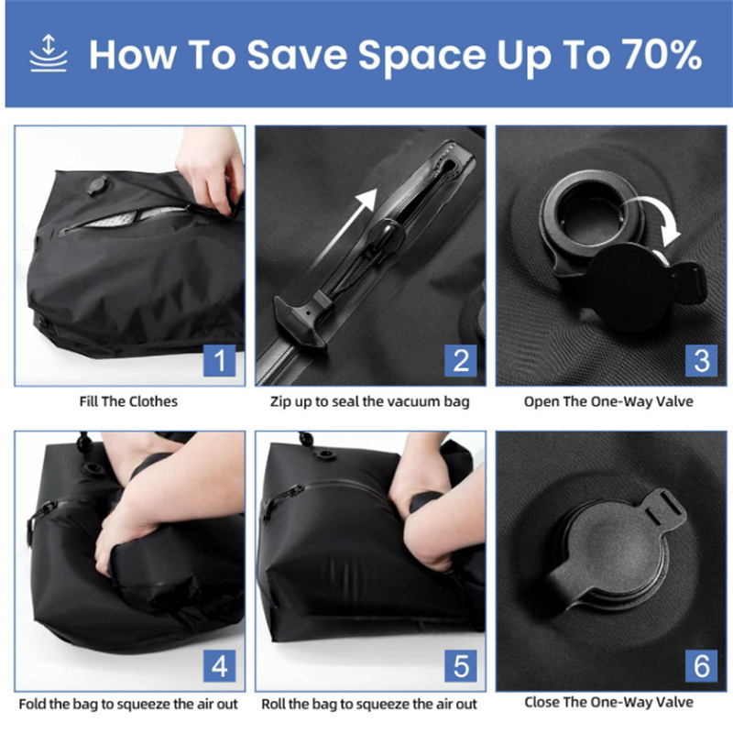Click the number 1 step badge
click(x=220, y=361)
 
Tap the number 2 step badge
click(x=461, y=361)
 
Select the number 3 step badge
click(x=702, y=361)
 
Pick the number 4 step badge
click(x=220, y=666)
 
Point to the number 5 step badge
click(x=461, y=666)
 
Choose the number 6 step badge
click(x=702, y=666)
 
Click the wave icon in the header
click(x=48, y=54)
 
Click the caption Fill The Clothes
click(x=129, y=401)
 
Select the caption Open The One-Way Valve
click(x=608, y=401)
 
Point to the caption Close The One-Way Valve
click(x=608, y=703)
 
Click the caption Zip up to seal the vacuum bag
click(x=369, y=401)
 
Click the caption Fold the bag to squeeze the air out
click(x=129, y=704)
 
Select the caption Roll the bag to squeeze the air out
click(x=369, y=704)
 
